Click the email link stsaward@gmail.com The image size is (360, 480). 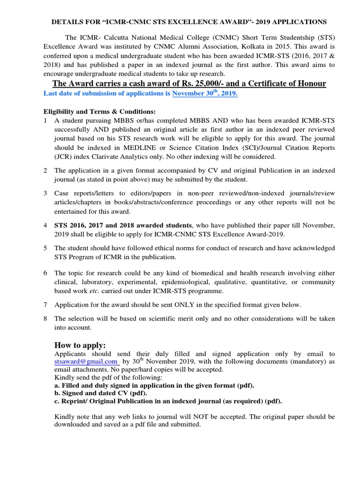[x=86, y=361]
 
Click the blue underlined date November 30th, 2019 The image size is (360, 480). [x=205, y=93]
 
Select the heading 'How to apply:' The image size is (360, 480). [x=80, y=345]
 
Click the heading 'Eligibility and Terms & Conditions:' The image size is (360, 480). [x=99, y=112]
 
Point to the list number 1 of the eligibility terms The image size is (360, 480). [x=45, y=120]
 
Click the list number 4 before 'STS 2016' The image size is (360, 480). [x=45, y=225]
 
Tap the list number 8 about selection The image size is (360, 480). [x=45, y=319]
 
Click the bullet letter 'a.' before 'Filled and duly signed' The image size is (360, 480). [x=58, y=385]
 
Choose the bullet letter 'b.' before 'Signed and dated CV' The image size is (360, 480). [x=58, y=393]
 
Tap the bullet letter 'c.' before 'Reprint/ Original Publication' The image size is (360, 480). [x=57, y=401]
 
